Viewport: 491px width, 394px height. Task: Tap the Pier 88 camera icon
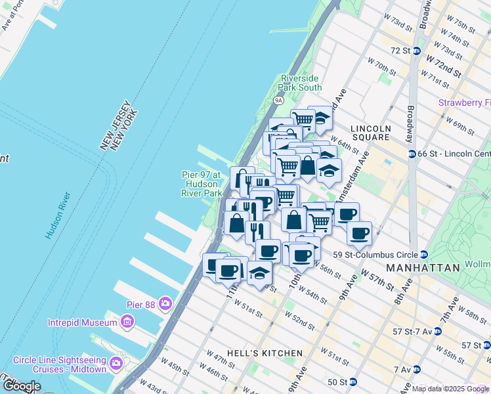165,303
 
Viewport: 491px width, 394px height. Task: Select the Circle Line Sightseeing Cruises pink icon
117,362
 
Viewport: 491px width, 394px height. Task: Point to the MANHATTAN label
423,268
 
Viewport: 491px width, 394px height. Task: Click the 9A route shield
278,100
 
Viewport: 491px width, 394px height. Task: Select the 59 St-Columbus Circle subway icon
425,255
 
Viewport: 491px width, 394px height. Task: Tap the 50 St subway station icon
352,382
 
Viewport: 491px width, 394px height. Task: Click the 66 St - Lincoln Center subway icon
412,154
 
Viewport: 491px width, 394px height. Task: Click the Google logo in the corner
22,386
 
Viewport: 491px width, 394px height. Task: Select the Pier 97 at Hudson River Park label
202,184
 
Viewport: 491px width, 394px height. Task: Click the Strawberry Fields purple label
464,103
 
